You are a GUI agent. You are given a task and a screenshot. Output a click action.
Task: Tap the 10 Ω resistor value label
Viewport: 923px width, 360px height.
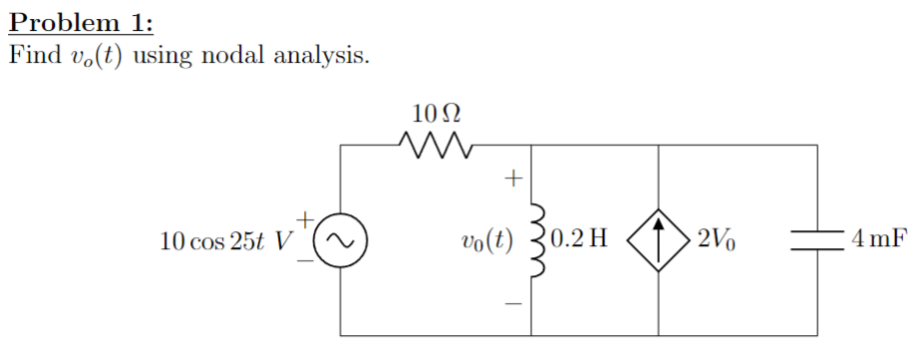click(x=436, y=111)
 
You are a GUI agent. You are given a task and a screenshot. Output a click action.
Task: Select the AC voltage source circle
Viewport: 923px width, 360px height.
click(x=340, y=240)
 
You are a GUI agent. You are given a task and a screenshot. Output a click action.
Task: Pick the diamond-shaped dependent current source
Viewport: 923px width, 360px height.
click(x=659, y=240)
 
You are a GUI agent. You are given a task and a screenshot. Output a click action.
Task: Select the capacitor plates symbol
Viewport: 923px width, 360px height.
click(x=817, y=240)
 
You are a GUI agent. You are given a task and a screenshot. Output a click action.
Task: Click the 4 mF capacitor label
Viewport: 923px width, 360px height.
click(x=878, y=240)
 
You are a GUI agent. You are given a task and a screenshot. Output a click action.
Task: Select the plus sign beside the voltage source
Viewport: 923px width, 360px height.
click(x=308, y=215)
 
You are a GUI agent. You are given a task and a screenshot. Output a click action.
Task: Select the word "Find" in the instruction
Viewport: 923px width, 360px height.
click(x=33, y=56)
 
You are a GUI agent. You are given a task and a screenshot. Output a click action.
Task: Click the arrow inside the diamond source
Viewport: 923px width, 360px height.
click(x=659, y=239)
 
